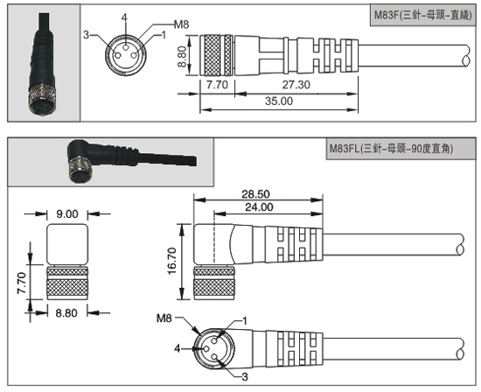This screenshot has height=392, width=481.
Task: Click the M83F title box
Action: pyautogui.click(x=422, y=15)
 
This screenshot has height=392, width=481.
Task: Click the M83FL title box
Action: pyautogui.click(x=401, y=149)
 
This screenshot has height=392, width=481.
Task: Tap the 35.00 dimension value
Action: pyautogui.click(x=279, y=101)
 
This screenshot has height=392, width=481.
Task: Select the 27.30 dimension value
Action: pyautogui.click(x=296, y=85)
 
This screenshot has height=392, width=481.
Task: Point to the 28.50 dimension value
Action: pyautogui.click(x=256, y=194)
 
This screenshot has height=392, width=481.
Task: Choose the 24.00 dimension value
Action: pyautogui.click(x=259, y=207)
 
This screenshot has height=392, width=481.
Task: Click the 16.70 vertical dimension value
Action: pyautogui.click(x=172, y=261)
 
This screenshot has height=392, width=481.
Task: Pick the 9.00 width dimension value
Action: pyautogui.click(x=67, y=214)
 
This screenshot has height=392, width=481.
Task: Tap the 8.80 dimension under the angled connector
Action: pyautogui.click(x=66, y=313)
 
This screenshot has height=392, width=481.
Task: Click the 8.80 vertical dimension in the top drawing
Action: pyautogui.click(x=182, y=57)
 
